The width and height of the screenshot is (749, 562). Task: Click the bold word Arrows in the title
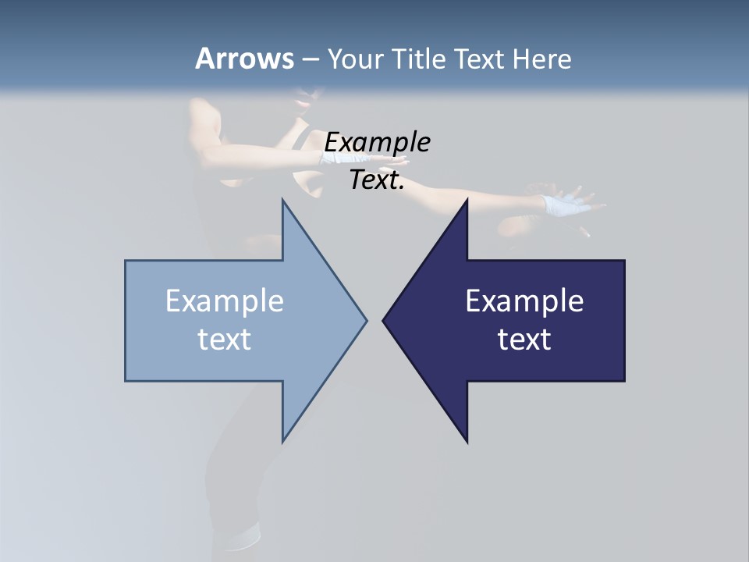(x=243, y=59)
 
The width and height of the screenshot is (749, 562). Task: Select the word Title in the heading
(x=419, y=59)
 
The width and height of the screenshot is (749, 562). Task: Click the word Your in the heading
(x=354, y=59)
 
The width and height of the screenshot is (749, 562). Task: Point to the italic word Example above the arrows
(x=378, y=142)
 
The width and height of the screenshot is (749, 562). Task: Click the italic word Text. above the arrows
(x=378, y=180)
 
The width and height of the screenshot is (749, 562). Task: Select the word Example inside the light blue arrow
(x=225, y=301)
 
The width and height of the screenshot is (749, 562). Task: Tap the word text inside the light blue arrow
(x=225, y=339)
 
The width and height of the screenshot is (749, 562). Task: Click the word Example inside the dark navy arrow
(x=524, y=301)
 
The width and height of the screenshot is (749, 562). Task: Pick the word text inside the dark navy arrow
(x=524, y=339)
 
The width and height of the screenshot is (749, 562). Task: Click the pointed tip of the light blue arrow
(x=366, y=320)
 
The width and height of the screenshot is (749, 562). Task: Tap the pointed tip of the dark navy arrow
(x=384, y=320)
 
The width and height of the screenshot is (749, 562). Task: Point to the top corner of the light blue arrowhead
(x=282, y=201)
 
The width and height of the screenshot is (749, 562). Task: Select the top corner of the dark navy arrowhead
(x=467, y=201)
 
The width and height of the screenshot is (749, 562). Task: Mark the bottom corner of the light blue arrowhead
(x=282, y=441)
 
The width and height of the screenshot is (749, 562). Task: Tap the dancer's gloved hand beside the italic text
(x=337, y=156)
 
